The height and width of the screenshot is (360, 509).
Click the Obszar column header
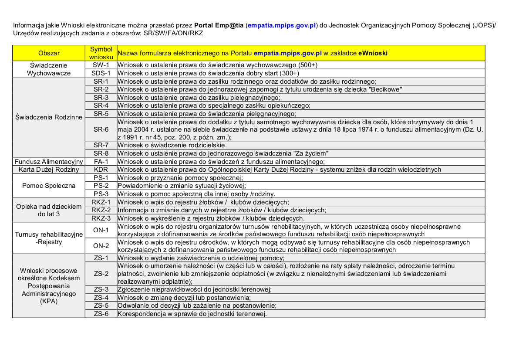click(x=49, y=53)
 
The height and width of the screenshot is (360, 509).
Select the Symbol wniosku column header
click(x=101, y=53)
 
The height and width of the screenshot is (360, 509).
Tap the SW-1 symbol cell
click(x=101, y=65)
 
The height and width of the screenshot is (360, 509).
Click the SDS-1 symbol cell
click(x=101, y=73)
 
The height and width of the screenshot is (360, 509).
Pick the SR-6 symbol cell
click(x=101, y=129)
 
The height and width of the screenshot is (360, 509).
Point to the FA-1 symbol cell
click(x=101, y=162)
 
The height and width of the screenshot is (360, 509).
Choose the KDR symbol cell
click(x=101, y=170)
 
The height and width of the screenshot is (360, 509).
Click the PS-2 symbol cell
click(x=101, y=186)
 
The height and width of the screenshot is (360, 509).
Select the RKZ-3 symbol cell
click(x=101, y=218)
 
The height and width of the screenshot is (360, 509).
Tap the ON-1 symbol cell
click(x=101, y=230)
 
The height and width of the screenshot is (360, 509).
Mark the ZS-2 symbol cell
click(x=101, y=274)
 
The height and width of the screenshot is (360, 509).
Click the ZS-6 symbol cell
click(x=101, y=314)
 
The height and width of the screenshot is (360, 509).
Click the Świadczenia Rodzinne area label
click(x=49, y=117)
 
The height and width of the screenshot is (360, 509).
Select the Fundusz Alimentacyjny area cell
click(x=49, y=162)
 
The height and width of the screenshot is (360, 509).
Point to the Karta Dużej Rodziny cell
click(x=49, y=170)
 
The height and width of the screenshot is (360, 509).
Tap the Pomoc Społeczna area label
click(x=49, y=186)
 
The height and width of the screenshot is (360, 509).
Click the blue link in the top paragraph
click(x=281, y=25)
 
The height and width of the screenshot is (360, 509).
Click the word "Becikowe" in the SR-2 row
click(x=385, y=89)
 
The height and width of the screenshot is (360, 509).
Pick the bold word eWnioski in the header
click(x=373, y=53)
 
